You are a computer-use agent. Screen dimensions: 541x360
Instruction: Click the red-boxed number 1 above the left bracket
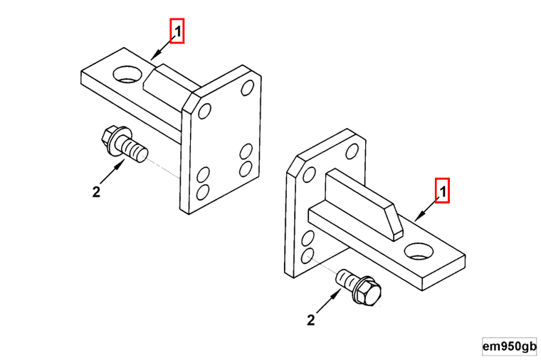pyautogui.click(x=177, y=31)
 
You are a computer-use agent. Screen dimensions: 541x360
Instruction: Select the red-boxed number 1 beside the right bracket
pyautogui.click(x=443, y=191)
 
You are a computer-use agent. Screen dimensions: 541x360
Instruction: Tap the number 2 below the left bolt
pyautogui.click(x=96, y=191)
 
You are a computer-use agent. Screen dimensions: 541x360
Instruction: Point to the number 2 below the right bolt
pyautogui.click(x=311, y=320)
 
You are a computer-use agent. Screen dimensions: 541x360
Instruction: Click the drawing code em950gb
pyautogui.click(x=509, y=346)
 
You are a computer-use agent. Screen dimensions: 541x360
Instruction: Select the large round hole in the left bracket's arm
pyautogui.click(x=127, y=75)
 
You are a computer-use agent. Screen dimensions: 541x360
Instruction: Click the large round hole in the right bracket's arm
pyautogui.click(x=419, y=251)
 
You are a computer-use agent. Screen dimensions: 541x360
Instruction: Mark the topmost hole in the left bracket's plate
pyautogui.click(x=248, y=88)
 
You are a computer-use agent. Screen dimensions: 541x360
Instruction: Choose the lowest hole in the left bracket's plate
pyautogui.click(x=203, y=193)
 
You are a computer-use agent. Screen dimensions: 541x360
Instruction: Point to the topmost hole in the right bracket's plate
pyautogui.click(x=352, y=152)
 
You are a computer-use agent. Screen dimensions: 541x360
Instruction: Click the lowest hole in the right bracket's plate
pyautogui.click(x=308, y=256)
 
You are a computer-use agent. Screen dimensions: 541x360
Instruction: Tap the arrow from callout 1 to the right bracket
pyautogui.click(x=427, y=208)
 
